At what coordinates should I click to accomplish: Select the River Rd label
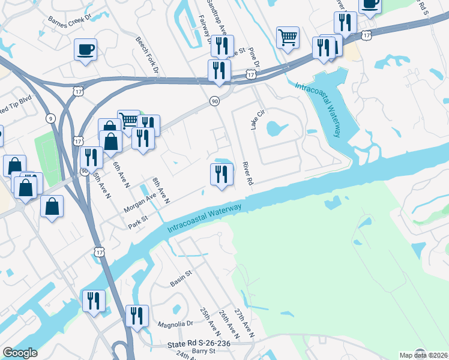point(246,172)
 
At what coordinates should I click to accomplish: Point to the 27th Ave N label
point(244,323)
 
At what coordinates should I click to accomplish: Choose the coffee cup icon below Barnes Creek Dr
point(85,49)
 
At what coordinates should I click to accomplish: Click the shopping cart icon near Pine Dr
point(288,37)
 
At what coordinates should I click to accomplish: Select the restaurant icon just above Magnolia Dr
point(137,316)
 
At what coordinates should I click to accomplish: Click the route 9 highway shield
point(50,119)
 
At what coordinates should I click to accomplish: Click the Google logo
point(20,353)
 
